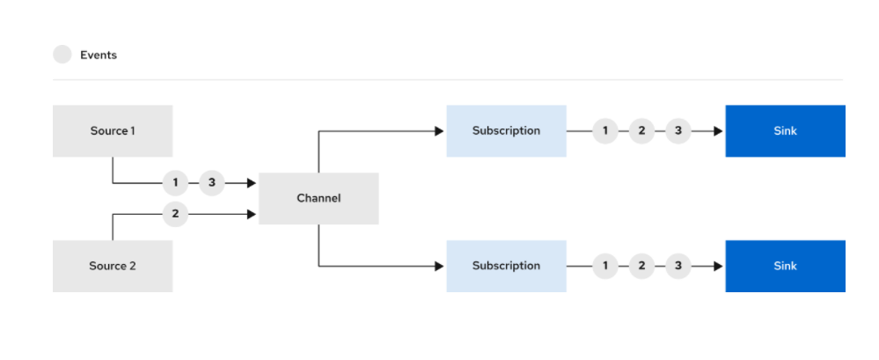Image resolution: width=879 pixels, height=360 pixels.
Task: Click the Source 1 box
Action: point(113,130)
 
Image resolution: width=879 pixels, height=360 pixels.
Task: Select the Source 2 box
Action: point(113,266)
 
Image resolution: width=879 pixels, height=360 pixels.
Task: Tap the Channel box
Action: point(319,199)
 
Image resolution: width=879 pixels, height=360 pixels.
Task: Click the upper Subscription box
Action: point(506,130)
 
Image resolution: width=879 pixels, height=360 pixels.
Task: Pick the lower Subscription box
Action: point(506,266)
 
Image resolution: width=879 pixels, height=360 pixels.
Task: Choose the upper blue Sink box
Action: point(786,130)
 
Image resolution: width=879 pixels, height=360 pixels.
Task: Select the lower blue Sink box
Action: point(786,266)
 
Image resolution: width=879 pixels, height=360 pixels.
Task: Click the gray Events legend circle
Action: point(62,55)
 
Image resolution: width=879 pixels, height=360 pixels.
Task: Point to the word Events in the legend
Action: point(99,55)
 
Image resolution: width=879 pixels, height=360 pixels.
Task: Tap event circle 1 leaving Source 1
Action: point(175,183)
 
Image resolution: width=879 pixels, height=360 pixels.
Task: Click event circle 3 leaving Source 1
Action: point(212,183)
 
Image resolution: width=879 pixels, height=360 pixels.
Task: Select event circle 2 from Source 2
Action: point(175,214)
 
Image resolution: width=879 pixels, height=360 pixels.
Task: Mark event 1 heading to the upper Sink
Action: point(604,131)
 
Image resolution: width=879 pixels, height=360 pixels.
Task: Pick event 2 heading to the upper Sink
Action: point(641,131)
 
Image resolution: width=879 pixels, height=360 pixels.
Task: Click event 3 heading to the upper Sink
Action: point(678,131)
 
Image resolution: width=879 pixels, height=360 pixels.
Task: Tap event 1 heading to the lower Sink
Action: point(604,267)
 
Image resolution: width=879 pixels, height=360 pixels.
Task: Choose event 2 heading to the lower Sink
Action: point(641,267)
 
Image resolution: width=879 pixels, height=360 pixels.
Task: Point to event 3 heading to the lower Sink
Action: point(678,267)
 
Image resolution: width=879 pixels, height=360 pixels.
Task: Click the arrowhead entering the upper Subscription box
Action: point(440,131)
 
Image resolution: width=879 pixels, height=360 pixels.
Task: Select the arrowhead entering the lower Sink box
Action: point(719,267)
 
